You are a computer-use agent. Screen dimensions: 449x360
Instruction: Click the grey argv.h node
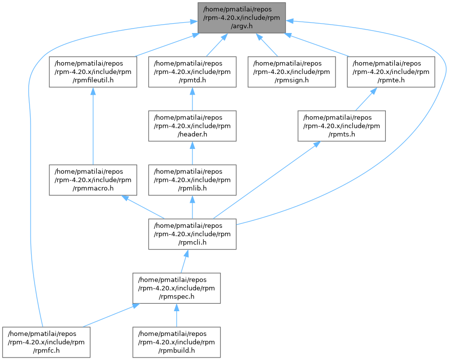coord(242,18)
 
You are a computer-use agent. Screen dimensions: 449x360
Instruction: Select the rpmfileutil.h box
coord(93,72)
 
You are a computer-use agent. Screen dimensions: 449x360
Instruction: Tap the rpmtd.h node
coord(192,72)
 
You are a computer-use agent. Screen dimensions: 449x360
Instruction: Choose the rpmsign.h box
coord(292,72)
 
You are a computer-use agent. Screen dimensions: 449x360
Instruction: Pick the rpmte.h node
coord(391,72)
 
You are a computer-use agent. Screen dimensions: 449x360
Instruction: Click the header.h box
coord(192,126)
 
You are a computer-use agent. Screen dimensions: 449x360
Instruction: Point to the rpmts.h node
coord(341,126)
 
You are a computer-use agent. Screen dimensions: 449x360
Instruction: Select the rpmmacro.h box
coord(93,180)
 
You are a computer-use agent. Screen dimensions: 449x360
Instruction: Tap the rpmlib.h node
coord(192,180)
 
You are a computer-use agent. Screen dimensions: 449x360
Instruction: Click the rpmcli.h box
coord(192,234)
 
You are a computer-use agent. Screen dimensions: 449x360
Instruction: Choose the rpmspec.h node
coord(177,288)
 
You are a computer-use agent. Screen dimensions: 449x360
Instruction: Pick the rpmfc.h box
coord(46,342)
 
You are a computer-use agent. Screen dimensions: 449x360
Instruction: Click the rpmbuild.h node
coord(177,342)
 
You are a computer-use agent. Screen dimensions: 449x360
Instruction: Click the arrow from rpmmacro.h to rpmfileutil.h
coord(93,126)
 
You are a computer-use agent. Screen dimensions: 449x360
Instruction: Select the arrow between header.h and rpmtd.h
coord(192,99)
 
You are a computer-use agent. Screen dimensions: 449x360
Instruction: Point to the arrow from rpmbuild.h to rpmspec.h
coord(177,315)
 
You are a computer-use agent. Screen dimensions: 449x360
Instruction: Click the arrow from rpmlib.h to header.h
coord(192,153)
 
